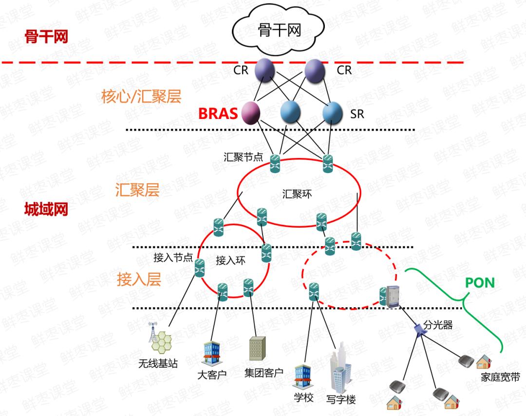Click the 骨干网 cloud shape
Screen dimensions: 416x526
coord(279,30)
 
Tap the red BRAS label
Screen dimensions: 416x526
coord(218,114)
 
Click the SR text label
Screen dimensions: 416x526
coord(357,115)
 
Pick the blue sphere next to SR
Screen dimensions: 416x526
coord(333,112)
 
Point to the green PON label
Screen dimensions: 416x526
coord(480,283)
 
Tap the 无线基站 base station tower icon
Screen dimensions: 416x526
coord(161,339)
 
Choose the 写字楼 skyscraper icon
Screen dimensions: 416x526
coord(341,369)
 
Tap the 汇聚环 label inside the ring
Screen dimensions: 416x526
coord(297,194)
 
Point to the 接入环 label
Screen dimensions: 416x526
coord(230,260)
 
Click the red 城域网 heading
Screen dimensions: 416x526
coord(46,210)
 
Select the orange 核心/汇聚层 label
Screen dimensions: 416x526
coord(141,97)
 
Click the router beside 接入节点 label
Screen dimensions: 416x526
coord(200,268)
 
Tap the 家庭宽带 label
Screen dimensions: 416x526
coord(500,377)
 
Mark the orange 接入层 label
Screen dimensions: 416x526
coord(139,279)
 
